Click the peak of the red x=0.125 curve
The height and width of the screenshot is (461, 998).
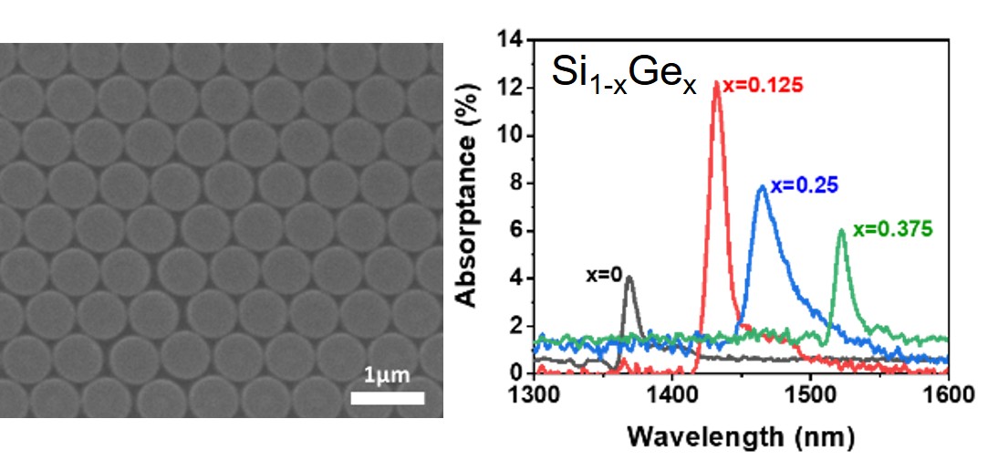point(717,82)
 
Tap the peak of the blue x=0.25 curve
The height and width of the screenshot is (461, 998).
point(762,186)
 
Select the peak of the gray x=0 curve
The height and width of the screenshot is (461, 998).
point(629,277)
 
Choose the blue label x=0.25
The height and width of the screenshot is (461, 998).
point(804,185)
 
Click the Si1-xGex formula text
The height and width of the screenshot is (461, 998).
point(624,77)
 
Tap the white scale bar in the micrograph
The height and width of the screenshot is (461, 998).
point(388,398)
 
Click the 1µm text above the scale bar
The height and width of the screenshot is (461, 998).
point(388,377)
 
